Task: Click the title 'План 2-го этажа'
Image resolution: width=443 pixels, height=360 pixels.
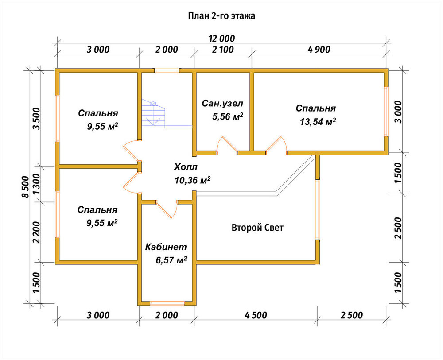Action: (222, 16)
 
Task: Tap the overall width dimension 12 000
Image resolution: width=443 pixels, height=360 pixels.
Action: (222, 39)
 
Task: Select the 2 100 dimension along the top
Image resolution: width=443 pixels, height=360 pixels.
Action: (223, 50)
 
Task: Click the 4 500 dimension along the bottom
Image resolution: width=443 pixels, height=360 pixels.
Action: (256, 315)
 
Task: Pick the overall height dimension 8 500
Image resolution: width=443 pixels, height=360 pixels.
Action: (25, 187)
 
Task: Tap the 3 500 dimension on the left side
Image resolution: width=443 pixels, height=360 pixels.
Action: (36, 119)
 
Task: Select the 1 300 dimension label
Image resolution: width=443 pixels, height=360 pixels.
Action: (36, 184)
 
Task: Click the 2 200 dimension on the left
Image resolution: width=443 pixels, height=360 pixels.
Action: (36, 232)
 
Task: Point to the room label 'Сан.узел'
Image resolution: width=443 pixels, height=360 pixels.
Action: (222, 104)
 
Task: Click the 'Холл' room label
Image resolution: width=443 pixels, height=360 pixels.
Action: (185, 167)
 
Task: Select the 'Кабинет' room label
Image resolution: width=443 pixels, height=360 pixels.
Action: (166, 247)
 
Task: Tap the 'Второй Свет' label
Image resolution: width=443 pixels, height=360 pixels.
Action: (257, 228)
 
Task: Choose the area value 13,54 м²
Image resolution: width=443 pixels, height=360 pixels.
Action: (318, 122)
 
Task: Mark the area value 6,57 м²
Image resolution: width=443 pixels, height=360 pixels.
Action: (171, 260)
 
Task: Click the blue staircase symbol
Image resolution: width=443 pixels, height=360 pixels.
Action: (153, 113)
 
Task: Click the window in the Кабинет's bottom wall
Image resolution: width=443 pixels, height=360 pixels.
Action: (167, 303)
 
